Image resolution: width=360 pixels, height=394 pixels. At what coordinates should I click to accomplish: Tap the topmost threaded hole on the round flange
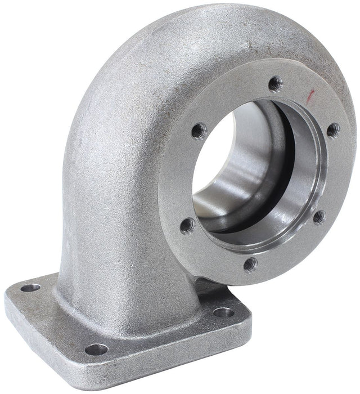[x=274, y=84]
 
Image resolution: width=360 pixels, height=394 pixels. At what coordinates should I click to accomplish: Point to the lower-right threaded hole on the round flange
[x=319, y=216]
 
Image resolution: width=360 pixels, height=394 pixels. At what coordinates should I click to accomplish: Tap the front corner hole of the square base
[x=96, y=349]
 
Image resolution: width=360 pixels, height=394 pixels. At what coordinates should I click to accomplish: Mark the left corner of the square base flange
[x=8, y=298]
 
